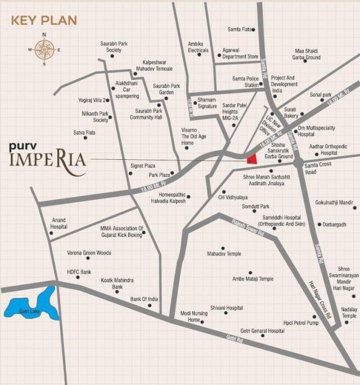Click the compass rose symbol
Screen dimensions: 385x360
44,50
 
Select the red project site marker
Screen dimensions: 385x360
253,159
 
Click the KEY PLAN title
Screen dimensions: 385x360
44,21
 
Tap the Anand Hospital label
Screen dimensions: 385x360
59,223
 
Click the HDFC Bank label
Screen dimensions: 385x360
79,272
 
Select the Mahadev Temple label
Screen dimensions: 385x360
224,254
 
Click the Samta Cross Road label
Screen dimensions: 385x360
318,168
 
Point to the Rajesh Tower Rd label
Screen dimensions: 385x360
248,228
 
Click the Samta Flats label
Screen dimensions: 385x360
239,29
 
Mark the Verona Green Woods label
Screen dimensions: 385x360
89,253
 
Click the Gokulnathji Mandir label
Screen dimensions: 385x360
334,202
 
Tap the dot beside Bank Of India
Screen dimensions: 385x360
150,305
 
